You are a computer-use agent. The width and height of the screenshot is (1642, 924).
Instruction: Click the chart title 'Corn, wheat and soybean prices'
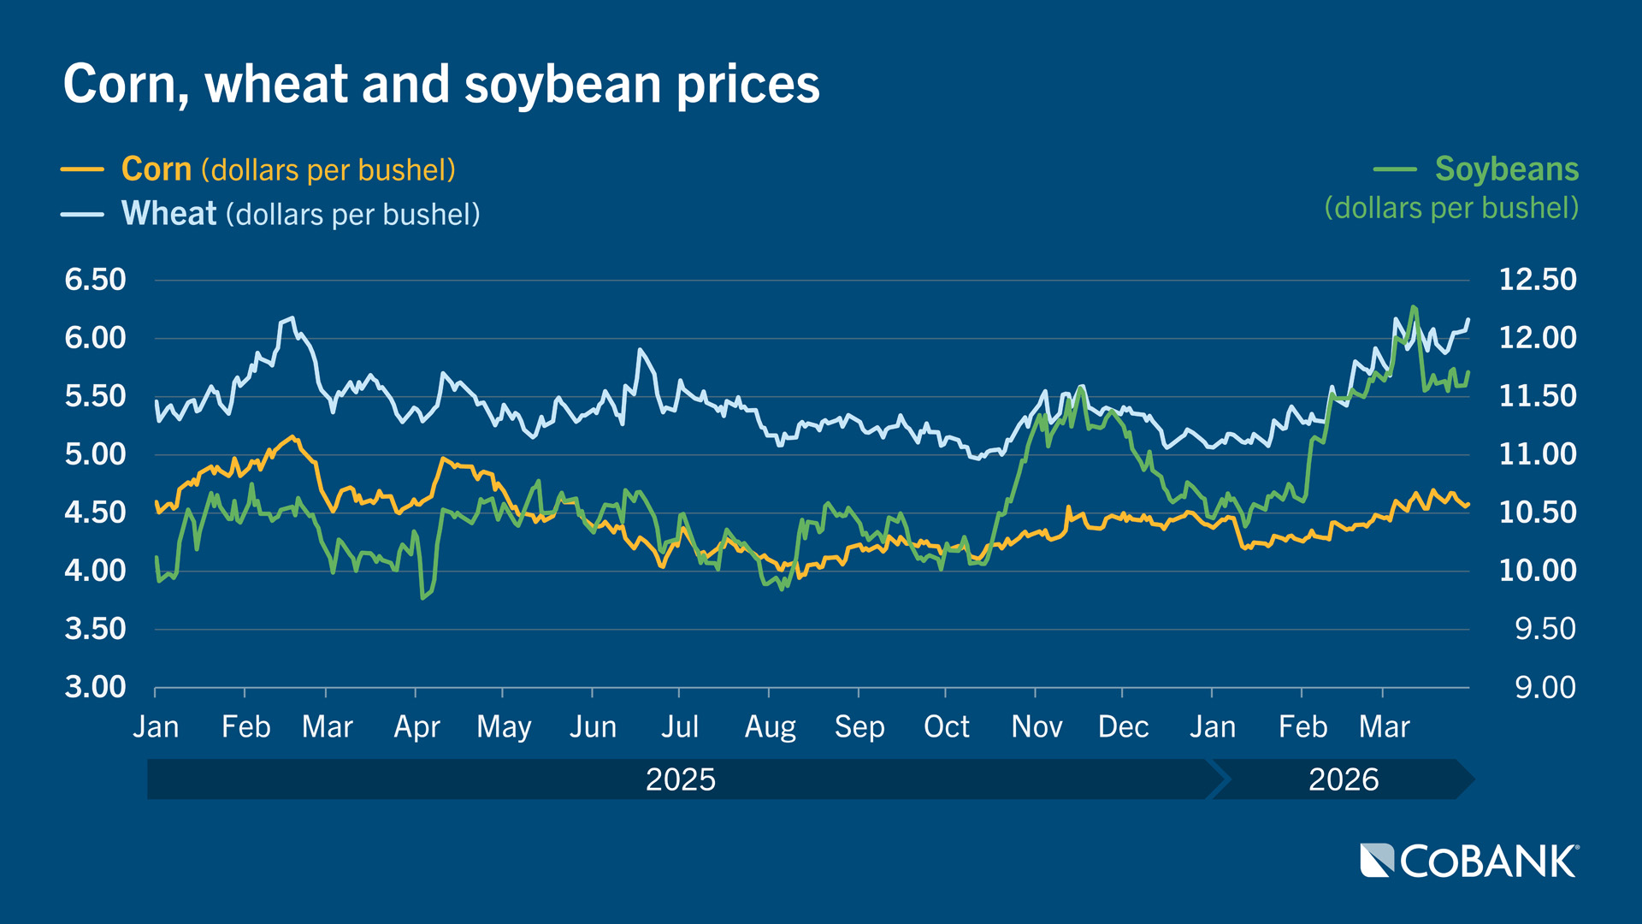(x=441, y=84)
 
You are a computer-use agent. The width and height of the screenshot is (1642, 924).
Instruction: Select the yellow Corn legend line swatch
(x=82, y=169)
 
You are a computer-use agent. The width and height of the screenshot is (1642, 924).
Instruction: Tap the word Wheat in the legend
(x=168, y=214)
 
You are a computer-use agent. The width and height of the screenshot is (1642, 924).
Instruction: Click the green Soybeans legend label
(x=1506, y=169)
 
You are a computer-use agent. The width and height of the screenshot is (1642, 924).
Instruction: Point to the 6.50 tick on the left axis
(x=95, y=280)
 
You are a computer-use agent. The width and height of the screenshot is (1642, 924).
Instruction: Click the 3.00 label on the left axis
(x=95, y=687)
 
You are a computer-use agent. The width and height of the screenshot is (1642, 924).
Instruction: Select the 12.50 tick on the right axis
(x=1538, y=280)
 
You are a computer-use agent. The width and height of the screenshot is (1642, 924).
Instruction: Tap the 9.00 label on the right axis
(x=1545, y=687)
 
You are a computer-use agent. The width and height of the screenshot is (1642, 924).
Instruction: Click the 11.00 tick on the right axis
(x=1538, y=454)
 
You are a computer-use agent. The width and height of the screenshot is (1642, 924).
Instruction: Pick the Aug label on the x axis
(x=770, y=727)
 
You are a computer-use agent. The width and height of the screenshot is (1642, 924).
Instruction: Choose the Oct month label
(x=946, y=727)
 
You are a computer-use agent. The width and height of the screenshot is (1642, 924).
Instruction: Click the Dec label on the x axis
(x=1123, y=727)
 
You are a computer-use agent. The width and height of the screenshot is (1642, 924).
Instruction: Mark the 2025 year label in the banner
(x=680, y=779)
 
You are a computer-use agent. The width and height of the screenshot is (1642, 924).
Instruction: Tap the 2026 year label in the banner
(x=1344, y=779)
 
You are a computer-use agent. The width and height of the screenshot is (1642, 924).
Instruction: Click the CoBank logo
(x=1469, y=861)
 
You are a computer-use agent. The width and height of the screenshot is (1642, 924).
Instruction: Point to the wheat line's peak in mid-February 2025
(x=292, y=318)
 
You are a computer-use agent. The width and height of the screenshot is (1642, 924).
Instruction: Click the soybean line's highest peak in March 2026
(x=1413, y=306)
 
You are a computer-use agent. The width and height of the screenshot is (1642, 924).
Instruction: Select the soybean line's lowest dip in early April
(x=422, y=597)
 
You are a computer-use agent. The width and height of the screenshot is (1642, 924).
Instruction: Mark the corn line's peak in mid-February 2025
(x=292, y=437)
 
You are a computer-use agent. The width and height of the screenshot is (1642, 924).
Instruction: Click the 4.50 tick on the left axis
(x=95, y=512)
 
